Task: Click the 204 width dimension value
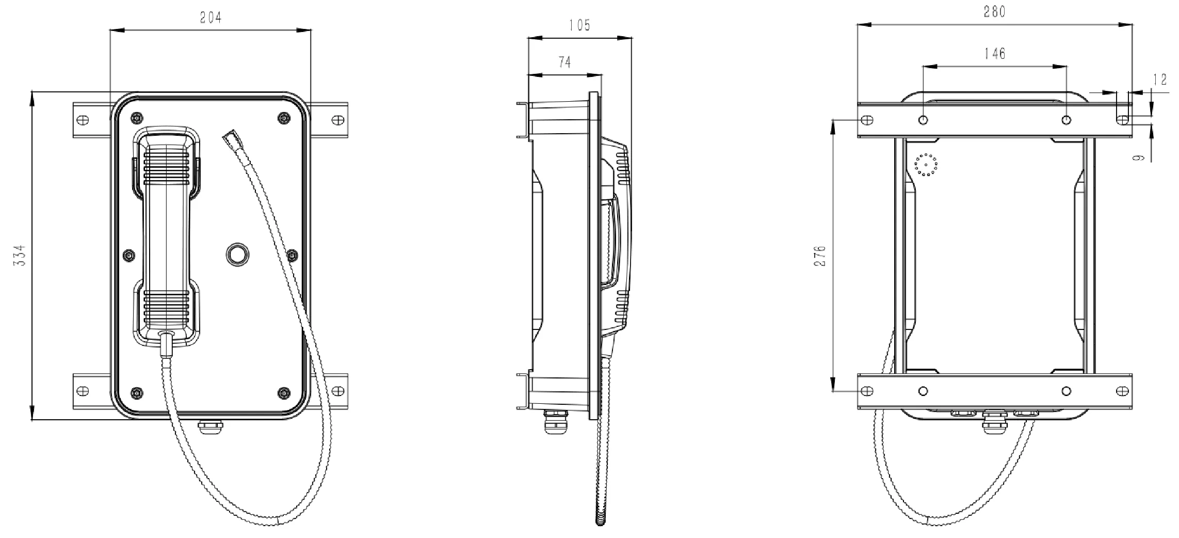coord(211,18)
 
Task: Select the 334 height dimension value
coord(19,255)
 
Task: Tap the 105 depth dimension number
coord(579,25)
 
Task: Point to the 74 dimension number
coord(564,62)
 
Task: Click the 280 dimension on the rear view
coord(994,11)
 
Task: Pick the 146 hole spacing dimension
coord(994,53)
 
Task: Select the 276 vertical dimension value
coord(820,256)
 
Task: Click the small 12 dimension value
coord(1159,79)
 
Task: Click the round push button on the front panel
coord(238,254)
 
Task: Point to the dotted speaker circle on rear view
coord(926,165)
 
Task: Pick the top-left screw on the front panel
coord(136,118)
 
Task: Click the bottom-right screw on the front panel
coord(283,393)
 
